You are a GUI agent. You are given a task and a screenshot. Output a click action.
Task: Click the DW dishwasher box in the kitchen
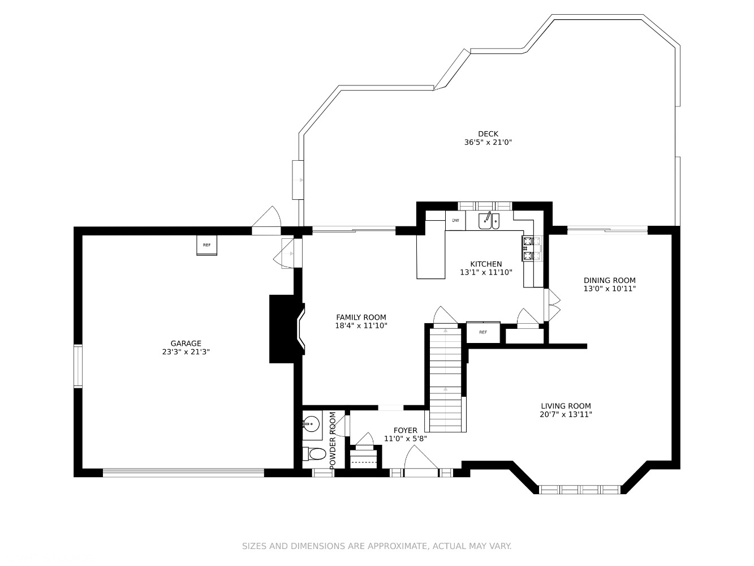pos(455,220)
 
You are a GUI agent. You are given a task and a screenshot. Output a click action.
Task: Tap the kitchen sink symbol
pos(489,220)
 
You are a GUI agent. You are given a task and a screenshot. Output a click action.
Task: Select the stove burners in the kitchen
pos(531,248)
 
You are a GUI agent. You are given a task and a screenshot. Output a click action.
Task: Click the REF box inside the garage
pos(206,245)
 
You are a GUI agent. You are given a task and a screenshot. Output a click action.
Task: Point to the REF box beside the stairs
pos(483,332)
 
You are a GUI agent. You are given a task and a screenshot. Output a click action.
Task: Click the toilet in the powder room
pos(314,454)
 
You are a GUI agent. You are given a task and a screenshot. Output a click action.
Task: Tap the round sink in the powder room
pos(311,424)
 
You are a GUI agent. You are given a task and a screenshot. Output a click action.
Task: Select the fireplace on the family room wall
pos(287,329)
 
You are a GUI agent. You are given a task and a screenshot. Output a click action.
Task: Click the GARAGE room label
pos(186,343)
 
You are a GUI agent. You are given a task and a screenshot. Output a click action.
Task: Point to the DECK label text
pos(488,134)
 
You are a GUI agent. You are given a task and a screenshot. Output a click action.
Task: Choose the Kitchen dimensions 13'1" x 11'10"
pos(486,272)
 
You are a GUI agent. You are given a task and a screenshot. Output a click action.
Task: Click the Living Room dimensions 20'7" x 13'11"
pos(566,414)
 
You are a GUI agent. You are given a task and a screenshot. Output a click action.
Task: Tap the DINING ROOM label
pos(610,280)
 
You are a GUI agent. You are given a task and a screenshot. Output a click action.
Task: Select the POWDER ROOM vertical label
pos(332,440)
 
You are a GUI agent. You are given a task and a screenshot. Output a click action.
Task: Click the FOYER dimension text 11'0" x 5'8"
pos(406,439)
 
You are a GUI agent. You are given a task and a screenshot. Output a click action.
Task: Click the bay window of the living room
pos(580,489)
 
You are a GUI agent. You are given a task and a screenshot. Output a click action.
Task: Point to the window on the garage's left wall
pos(78,366)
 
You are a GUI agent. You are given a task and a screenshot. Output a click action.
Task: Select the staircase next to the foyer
pos(446,380)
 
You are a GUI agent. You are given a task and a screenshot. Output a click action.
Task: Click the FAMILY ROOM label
pos(361,317)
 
